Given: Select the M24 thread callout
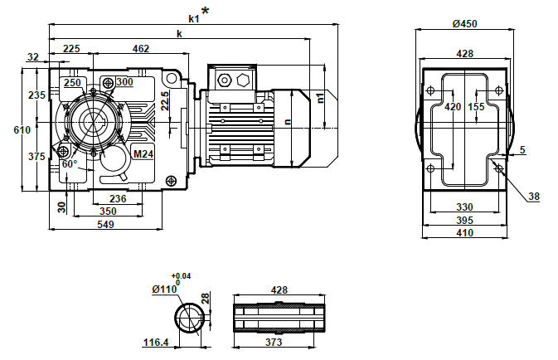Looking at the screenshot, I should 143,153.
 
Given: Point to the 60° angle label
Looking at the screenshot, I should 70,163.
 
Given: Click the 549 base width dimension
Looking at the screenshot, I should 105,225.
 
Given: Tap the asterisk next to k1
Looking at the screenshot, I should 205,11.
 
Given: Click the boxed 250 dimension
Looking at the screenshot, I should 72,83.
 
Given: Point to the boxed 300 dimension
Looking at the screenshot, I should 124,82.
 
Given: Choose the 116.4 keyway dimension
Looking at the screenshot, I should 156,342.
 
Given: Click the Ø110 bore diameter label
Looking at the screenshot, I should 165,289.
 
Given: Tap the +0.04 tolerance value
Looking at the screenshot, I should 181,275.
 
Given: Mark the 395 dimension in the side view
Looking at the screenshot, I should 464,221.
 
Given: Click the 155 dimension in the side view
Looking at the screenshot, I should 476,107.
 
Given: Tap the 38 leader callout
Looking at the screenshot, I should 534,197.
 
